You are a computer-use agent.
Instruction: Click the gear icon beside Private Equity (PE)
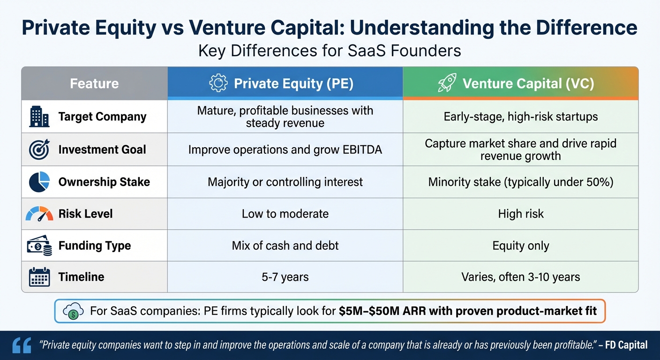[x=218, y=83]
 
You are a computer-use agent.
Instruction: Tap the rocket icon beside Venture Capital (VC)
[x=447, y=83]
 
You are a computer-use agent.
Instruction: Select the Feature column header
[x=94, y=83]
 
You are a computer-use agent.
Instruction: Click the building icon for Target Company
[x=39, y=117]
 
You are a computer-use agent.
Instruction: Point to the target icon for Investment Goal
[x=39, y=150]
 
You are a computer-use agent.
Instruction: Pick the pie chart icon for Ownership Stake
[x=39, y=182]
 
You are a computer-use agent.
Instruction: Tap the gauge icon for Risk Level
[x=39, y=214]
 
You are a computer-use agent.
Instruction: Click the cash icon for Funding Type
[x=39, y=246]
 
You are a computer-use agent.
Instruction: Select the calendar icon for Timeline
[x=39, y=277]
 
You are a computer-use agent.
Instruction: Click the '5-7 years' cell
[x=285, y=277]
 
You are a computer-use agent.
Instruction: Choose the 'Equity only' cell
[x=520, y=246]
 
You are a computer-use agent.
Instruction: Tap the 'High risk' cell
[x=520, y=214]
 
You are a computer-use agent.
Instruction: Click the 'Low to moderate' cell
[x=285, y=214]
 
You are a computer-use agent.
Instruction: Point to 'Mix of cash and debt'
[x=285, y=246]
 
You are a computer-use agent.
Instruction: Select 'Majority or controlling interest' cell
[x=285, y=182]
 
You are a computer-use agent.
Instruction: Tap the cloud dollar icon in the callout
[x=72, y=311]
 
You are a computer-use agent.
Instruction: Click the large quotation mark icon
[x=22, y=345]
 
